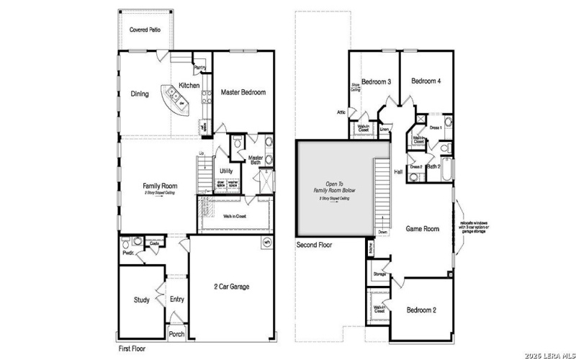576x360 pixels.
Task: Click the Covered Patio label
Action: (x=144, y=30)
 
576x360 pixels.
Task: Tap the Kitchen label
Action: (x=189, y=86)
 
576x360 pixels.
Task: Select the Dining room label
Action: (x=140, y=94)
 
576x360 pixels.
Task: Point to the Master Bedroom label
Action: (x=243, y=92)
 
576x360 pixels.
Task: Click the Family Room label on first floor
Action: (x=160, y=186)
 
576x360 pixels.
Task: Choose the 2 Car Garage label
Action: (x=232, y=287)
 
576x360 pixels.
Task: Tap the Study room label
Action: (x=141, y=300)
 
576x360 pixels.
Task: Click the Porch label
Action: (x=176, y=334)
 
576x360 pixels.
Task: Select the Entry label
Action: (x=177, y=300)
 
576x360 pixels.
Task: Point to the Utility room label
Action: (x=226, y=171)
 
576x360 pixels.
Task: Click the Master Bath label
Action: (x=256, y=160)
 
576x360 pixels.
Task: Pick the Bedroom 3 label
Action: (x=376, y=81)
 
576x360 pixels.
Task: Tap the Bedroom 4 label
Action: (x=426, y=81)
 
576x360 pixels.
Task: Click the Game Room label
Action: (x=423, y=228)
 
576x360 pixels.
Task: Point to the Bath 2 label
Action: (x=433, y=166)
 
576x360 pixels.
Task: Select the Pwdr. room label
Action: (x=129, y=253)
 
